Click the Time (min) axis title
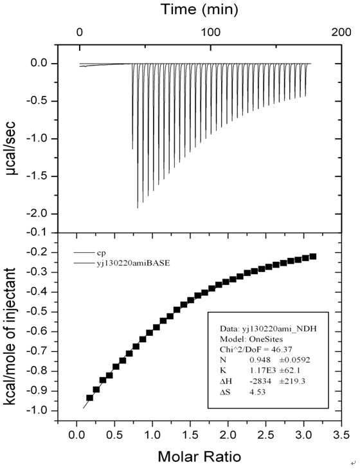point(200,9)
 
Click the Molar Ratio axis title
point(199,457)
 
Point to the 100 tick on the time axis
point(210,32)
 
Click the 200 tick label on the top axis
point(341,32)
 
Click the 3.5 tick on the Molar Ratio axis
point(341,435)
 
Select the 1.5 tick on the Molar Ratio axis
point(190,435)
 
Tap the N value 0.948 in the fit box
point(260,360)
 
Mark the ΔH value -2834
point(260,382)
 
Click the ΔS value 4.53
point(257,392)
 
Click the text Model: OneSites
point(251,339)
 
